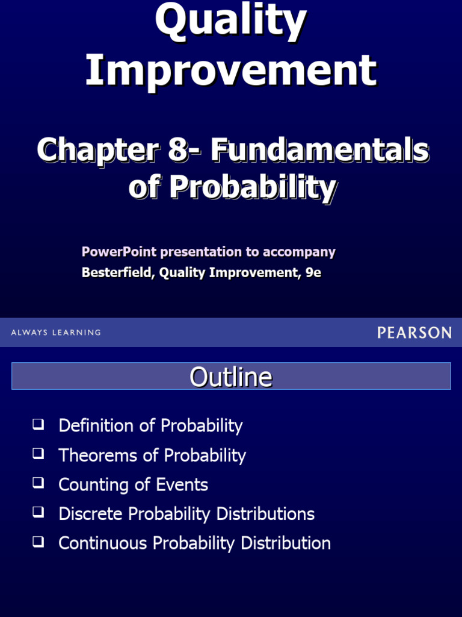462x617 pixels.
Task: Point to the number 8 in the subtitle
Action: (179, 149)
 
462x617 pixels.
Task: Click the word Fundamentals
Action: (319, 149)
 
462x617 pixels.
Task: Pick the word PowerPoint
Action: (119, 252)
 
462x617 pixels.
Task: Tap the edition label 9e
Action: (313, 272)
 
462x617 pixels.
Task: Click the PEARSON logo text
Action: (414, 332)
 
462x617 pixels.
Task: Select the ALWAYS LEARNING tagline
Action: (56, 333)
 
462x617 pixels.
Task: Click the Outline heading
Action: (231, 377)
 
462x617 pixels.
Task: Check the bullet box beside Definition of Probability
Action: (38, 424)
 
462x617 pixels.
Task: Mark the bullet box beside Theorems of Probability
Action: (38, 454)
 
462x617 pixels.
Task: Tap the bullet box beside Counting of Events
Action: (38, 483)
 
